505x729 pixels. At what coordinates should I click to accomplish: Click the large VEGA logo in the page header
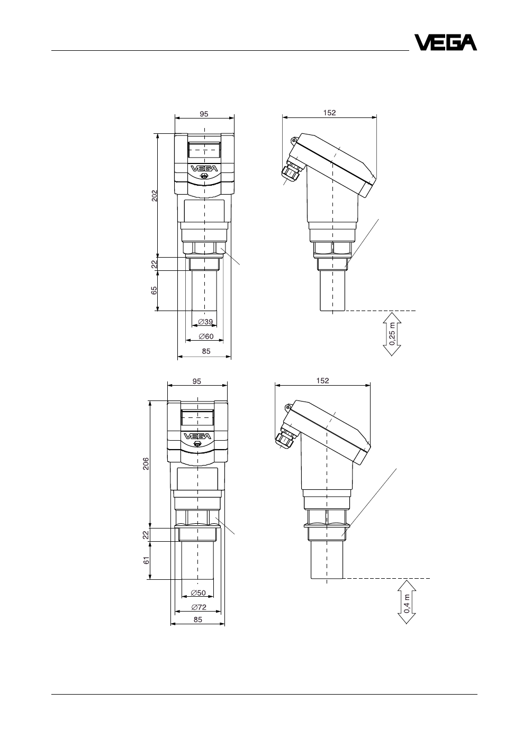point(445,42)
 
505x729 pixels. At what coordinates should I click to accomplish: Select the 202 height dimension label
point(155,196)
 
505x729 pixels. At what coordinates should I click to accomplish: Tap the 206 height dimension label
point(146,463)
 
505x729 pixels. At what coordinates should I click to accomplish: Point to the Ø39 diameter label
point(205,322)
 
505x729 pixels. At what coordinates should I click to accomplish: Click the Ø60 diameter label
point(206,336)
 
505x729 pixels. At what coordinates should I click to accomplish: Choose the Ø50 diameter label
point(199,593)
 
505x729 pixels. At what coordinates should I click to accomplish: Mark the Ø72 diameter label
point(199,607)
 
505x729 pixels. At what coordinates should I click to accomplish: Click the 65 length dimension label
point(155,290)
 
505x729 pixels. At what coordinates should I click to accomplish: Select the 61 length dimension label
point(146,560)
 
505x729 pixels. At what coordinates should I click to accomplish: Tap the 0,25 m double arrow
point(392,334)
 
